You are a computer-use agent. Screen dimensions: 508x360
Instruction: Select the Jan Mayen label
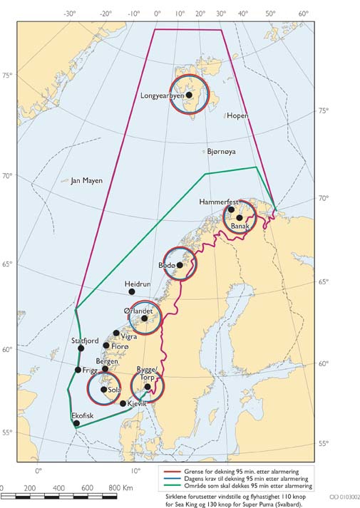pyautogui.click(x=86, y=181)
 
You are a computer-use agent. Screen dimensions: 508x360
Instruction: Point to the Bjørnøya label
pyautogui.click(x=221, y=152)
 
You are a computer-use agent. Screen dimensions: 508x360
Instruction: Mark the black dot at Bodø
pyautogui.click(x=180, y=265)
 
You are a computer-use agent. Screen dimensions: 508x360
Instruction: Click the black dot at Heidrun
pyautogui.click(x=132, y=291)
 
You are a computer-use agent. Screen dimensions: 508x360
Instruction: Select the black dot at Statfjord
pyautogui.click(x=81, y=348)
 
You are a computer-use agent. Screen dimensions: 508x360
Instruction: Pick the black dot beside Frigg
pyautogui.click(x=78, y=370)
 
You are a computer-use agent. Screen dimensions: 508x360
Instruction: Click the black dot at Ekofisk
pyautogui.click(x=77, y=423)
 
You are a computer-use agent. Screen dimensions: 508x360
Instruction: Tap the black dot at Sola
pyautogui.click(x=104, y=390)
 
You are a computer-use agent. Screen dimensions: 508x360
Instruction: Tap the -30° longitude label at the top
pyautogui.click(x=70, y=14)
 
